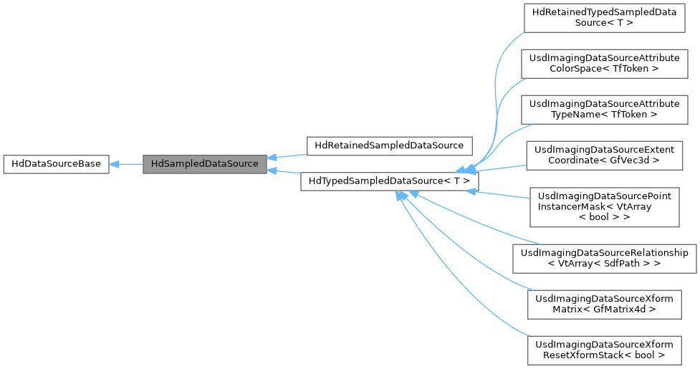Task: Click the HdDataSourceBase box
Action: (56, 164)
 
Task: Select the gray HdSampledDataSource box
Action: (205, 164)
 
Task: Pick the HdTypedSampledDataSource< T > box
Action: (389, 182)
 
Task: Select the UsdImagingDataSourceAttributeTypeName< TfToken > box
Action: (604, 109)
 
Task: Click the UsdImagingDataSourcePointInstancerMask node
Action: (604, 206)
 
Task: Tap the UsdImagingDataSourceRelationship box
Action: (604, 258)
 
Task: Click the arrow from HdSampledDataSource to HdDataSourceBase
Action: (126, 164)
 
